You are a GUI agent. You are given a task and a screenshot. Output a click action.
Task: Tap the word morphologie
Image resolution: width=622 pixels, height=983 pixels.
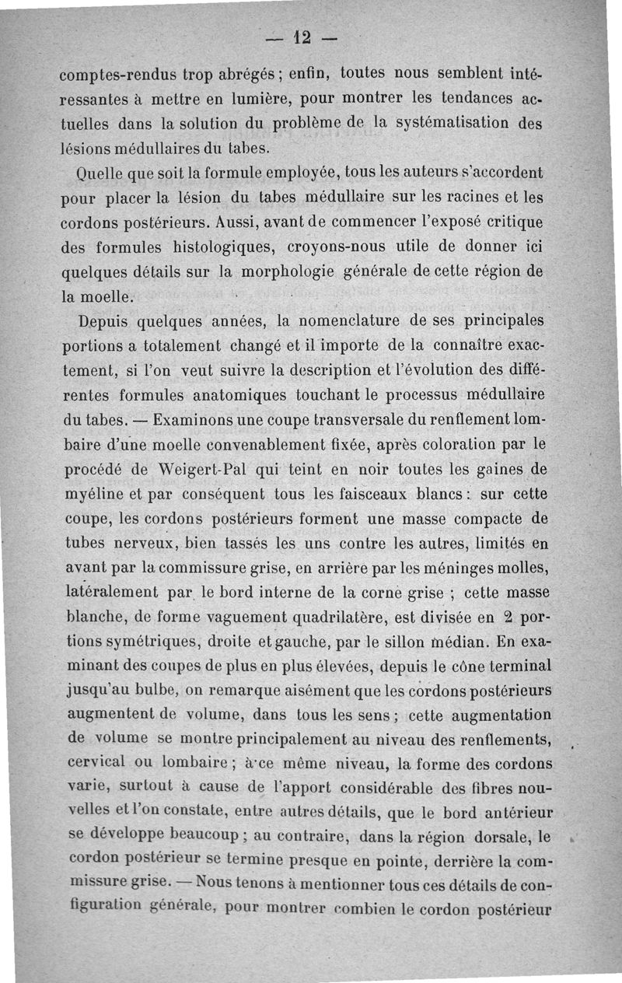tap(285, 271)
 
